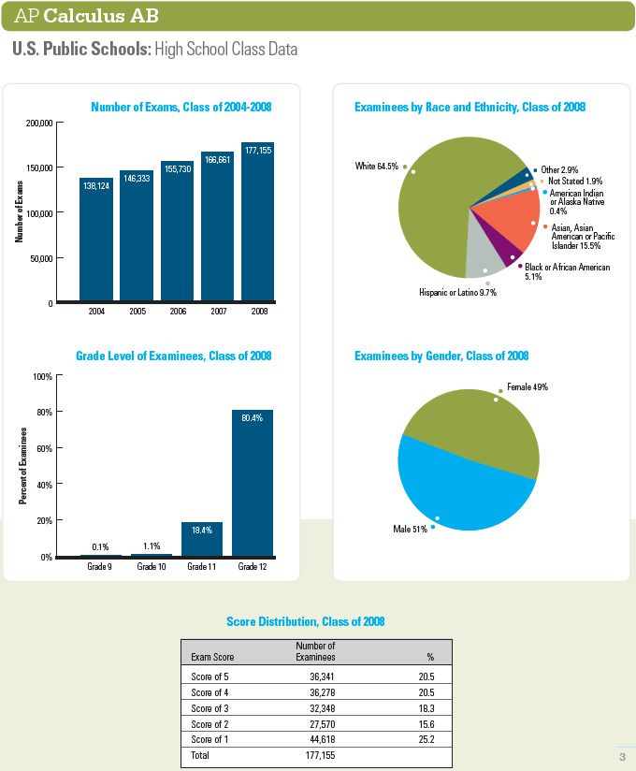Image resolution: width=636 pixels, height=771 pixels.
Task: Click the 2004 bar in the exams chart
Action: tap(96, 239)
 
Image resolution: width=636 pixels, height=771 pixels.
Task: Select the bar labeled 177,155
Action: tap(257, 221)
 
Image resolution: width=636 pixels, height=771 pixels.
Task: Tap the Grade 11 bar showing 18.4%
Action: tap(202, 539)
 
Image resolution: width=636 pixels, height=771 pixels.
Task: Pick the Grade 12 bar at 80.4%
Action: tap(253, 483)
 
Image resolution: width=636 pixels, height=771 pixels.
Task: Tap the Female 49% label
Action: tap(528, 387)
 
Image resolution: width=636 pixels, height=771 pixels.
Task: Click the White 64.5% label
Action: tap(377, 167)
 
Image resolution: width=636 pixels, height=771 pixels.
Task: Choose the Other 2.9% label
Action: tap(559, 169)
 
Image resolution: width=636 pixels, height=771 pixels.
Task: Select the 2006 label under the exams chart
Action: tap(178, 311)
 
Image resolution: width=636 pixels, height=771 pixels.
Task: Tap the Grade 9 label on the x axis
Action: tap(99, 566)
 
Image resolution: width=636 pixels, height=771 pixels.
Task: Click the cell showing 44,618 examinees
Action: tap(322, 739)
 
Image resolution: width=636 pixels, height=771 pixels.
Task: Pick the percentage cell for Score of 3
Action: tap(426, 708)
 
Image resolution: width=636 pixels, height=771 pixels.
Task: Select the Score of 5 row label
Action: tap(210, 676)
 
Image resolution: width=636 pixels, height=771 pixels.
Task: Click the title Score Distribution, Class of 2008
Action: tap(305, 621)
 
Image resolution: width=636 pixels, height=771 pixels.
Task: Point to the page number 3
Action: tap(622, 757)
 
